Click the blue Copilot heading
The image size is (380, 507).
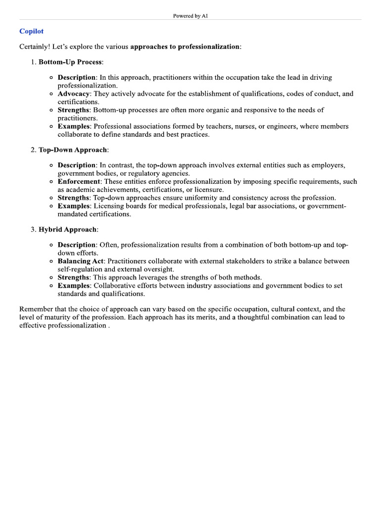click(x=31, y=31)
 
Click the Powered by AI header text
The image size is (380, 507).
click(x=190, y=16)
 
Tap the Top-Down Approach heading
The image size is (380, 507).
click(x=73, y=150)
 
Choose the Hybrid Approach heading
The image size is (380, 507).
click(x=68, y=229)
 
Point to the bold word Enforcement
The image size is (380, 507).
click(x=79, y=182)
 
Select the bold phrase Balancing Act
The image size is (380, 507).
click(x=81, y=261)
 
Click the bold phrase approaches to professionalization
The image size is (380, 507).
click(x=185, y=47)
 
